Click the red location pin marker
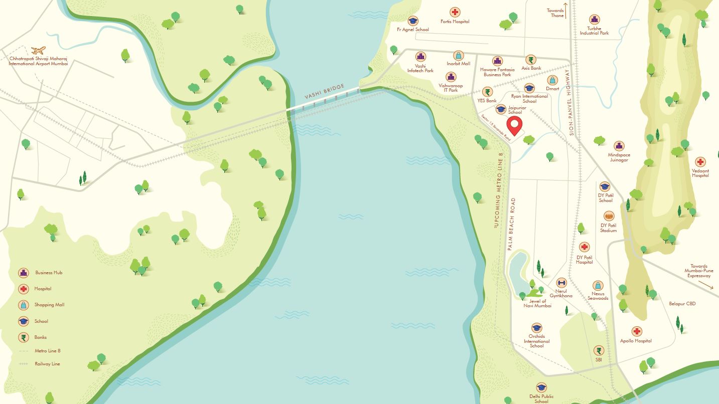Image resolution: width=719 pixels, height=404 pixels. (x=514, y=125)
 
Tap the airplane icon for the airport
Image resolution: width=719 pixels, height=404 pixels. (x=38, y=50)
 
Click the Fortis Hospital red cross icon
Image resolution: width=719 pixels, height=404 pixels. (x=455, y=12)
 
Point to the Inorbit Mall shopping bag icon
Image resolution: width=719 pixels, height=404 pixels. (x=458, y=55)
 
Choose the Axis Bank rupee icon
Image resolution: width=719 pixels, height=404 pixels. (x=531, y=60)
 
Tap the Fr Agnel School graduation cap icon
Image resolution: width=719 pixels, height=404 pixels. (x=413, y=21)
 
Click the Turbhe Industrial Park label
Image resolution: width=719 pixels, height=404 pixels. (x=594, y=31)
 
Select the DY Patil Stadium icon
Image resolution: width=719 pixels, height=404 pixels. (x=608, y=216)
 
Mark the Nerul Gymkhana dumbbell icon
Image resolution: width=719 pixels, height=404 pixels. (x=561, y=283)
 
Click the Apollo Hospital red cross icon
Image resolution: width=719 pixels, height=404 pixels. (x=636, y=331)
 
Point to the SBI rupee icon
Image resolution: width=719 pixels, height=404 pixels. (x=599, y=350)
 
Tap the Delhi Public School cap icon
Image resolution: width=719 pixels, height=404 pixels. (x=541, y=387)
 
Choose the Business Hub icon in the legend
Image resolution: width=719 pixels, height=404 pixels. (x=23, y=273)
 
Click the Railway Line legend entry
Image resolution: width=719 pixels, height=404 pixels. (x=47, y=364)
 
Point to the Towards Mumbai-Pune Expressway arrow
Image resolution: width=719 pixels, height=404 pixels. (x=705, y=284)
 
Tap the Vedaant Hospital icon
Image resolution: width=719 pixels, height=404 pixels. (x=700, y=162)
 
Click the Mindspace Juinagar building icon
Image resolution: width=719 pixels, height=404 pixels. (x=619, y=146)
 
